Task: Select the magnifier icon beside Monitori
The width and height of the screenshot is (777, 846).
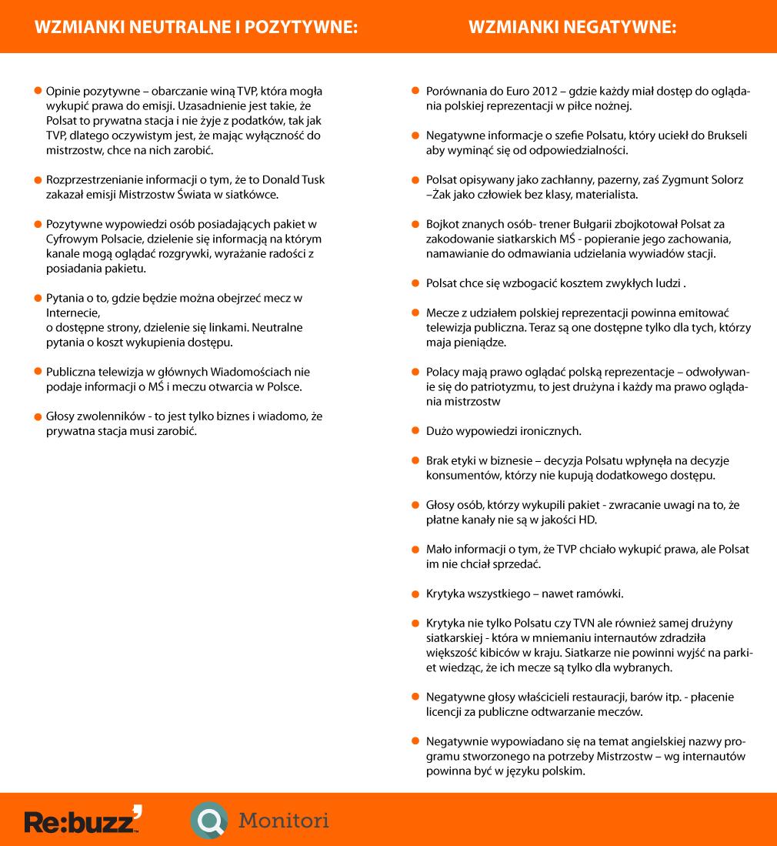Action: coord(208,821)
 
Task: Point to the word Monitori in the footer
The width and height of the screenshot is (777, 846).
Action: coord(284,821)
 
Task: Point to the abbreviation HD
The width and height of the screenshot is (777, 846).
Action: coord(587,520)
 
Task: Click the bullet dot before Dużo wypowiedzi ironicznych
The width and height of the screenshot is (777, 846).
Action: coord(415,430)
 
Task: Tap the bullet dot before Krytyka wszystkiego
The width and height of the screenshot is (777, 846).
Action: coord(415,594)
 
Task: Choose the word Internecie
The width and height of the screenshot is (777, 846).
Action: coord(74,313)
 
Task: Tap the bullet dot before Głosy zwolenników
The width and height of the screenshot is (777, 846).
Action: coord(36,416)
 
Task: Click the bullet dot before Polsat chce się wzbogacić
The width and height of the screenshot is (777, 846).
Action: coord(415,283)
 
